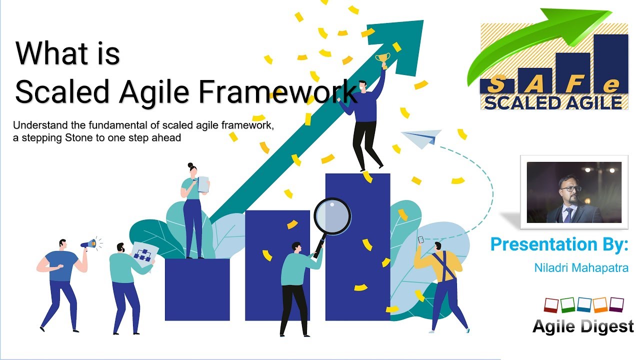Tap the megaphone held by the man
(x=88, y=244)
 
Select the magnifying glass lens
(x=332, y=215)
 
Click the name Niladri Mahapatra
(x=581, y=268)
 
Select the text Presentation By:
(x=559, y=244)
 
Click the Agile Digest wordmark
(x=583, y=326)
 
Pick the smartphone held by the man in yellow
(x=421, y=239)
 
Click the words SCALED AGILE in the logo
(x=552, y=102)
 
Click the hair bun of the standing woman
(x=190, y=164)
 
